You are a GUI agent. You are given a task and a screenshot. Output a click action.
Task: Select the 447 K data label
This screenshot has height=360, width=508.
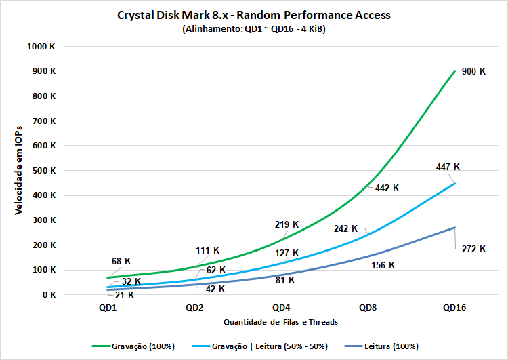pos(447,167)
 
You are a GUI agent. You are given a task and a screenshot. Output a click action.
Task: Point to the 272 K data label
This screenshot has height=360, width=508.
pos(473,249)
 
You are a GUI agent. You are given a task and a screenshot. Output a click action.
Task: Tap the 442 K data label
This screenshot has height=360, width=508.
pos(387,188)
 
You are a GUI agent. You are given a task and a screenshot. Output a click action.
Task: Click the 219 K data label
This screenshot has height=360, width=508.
pos(286,224)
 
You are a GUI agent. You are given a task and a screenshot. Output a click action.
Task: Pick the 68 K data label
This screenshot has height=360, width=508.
pos(121,261)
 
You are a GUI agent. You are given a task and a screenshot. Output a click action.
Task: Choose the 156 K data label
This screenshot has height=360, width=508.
pos(383,265)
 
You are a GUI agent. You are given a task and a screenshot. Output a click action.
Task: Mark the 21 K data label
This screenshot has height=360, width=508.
pos(124,295)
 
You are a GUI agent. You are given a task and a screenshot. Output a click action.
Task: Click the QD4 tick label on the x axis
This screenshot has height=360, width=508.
pos(281,307)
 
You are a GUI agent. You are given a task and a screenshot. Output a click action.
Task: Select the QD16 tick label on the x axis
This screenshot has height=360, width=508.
pos(454,307)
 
